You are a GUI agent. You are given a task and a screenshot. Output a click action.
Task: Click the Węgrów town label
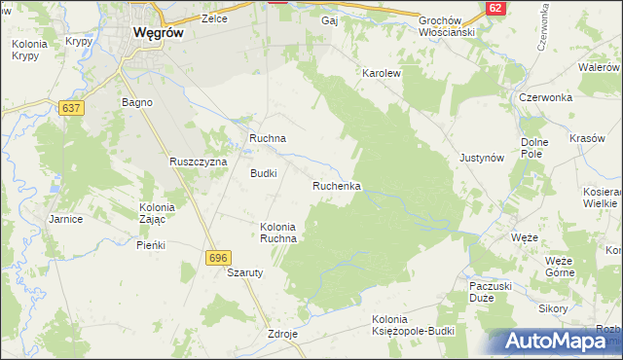(x=159, y=31)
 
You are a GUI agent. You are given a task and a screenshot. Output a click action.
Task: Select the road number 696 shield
(x=217, y=257)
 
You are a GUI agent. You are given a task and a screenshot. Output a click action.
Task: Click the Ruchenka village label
(x=337, y=185)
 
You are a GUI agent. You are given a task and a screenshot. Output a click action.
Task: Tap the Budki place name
(x=264, y=173)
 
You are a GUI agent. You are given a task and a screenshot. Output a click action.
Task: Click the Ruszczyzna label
(x=198, y=161)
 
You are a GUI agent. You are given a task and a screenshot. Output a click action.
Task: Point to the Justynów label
(x=480, y=157)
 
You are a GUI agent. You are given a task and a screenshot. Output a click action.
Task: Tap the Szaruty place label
(x=246, y=273)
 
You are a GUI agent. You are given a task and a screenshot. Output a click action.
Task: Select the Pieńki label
(x=151, y=245)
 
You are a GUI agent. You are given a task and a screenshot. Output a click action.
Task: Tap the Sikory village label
(x=553, y=308)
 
